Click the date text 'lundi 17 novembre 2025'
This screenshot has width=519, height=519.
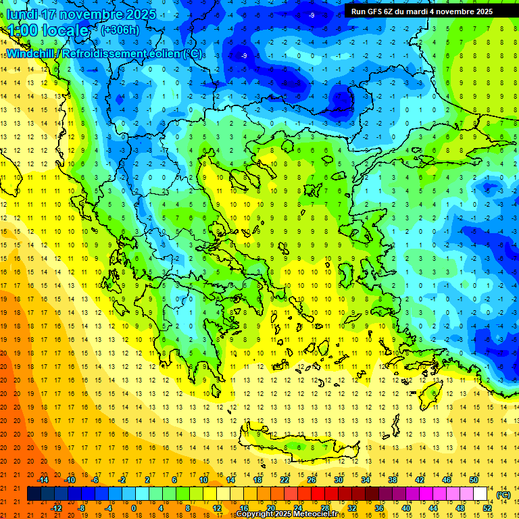[x=80, y=14]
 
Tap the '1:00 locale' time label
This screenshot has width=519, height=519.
[x=47, y=30]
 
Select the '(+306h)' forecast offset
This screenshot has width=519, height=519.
[x=120, y=30]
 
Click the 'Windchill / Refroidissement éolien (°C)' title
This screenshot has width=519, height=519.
[x=104, y=53]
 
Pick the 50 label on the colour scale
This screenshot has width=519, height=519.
[x=474, y=480]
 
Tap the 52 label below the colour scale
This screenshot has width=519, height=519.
[x=487, y=508]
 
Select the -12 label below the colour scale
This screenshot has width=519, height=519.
[x=56, y=508]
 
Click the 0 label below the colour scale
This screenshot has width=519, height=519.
[x=134, y=508]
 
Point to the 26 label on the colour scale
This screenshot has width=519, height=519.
[x=312, y=480]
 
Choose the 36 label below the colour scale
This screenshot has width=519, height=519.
[x=379, y=508]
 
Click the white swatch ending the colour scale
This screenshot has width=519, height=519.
[x=480, y=494]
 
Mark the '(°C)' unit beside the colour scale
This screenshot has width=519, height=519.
[x=503, y=495]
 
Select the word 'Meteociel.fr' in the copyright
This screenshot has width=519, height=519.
[x=320, y=514]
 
